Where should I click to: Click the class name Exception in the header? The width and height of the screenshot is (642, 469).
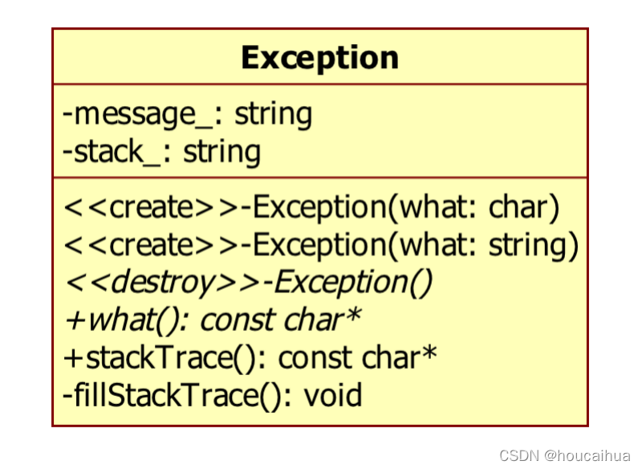coord(319,58)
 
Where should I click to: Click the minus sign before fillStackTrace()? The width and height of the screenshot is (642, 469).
coord(67,395)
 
